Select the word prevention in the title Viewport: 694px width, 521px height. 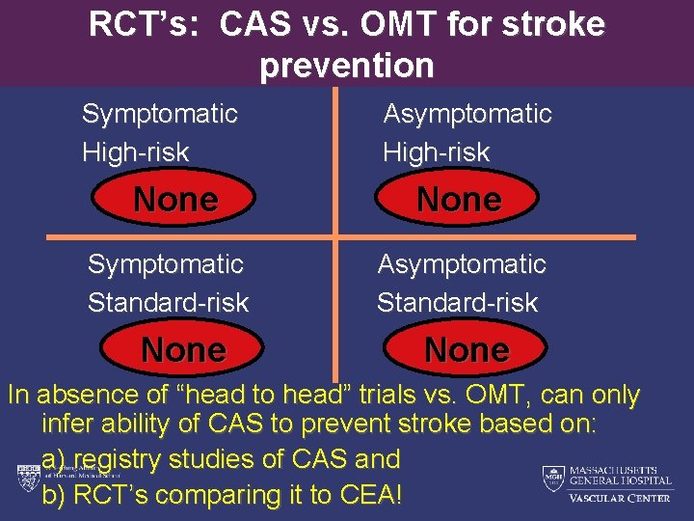tap(347, 66)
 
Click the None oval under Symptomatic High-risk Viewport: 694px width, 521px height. tap(175, 200)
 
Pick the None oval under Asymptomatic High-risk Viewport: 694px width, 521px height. tap(459, 200)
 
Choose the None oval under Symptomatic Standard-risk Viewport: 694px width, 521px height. tap(183, 349)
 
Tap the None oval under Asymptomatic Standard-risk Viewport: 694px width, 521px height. tap(467, 349)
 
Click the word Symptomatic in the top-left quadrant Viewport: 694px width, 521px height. tap(159, 114)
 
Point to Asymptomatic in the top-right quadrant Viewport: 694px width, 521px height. tap(467, 114)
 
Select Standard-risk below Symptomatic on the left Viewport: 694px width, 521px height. tap(168, 302)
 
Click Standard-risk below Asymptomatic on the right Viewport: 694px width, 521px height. tap(457, 302)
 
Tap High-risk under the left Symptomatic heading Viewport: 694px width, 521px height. tap(135, 151)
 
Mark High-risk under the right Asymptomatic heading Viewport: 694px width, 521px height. tap(436, 151)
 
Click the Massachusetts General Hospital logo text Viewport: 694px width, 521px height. tap(619, 474)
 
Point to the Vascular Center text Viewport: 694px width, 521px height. tap(619, 498)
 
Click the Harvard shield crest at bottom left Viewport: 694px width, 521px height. tap(26, 478)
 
